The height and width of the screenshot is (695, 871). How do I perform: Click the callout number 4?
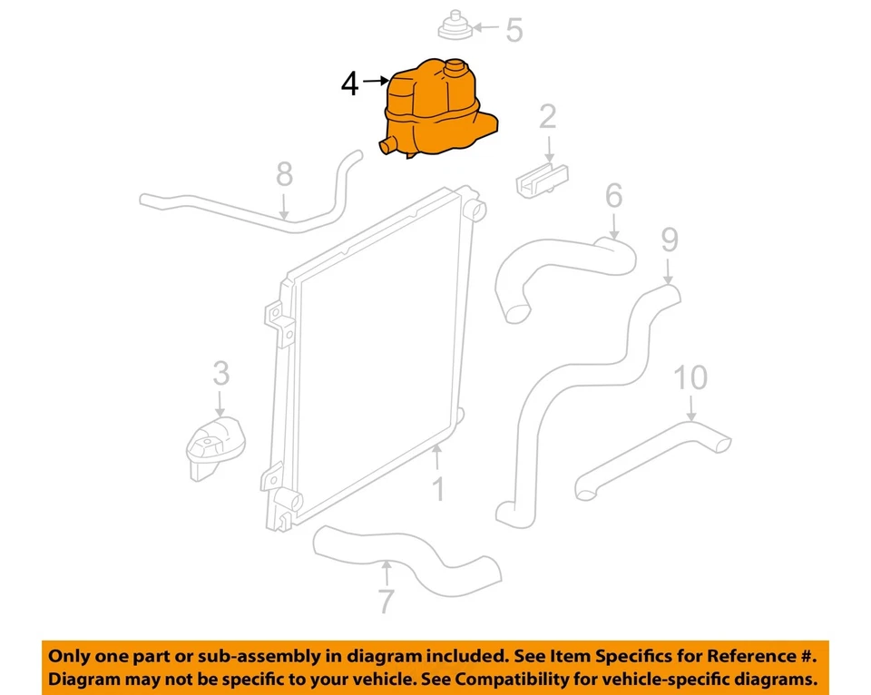click(350, 84)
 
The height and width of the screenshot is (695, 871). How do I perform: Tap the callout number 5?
click(514, 30)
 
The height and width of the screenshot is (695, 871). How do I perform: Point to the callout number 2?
click(547, 117)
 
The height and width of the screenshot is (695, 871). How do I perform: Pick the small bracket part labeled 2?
click(543, 179)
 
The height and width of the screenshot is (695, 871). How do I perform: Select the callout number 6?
click(613, 195)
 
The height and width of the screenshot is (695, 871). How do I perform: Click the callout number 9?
click(669, 240)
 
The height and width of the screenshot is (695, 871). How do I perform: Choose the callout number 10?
click(690, 377)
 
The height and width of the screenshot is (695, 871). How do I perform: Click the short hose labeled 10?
click(653, 458)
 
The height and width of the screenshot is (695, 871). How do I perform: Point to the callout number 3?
click(220, 372)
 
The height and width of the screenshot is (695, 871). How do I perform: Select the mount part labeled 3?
click(216, 445)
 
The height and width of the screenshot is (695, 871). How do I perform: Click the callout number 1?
click(438, 489)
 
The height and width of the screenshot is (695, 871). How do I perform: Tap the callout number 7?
click(387, 602)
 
